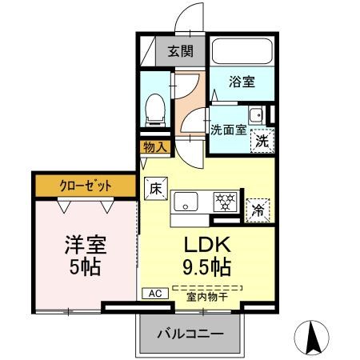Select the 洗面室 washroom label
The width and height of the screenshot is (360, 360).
(x=228, y=130)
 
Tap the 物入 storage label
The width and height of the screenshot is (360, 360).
(x=155, y=146)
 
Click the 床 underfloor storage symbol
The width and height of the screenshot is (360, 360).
(x=155, y=188)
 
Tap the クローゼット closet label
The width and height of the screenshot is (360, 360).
(x=86, y=186)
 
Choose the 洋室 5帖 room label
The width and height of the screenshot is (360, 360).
(x=84, y=255)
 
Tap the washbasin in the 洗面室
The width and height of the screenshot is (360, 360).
(x=255, y=115)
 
